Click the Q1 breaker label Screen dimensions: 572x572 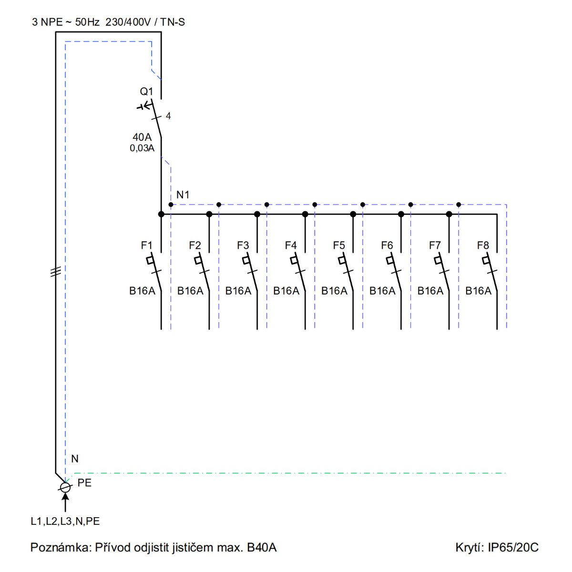pyautogui.click(x=146, y=92)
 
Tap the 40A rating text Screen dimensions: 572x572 pyautogui.click(x=142, y=137)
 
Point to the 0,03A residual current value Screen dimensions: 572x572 pyautogui.click(x=142, y=148)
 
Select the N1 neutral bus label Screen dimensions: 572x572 pyautogui.click(x=183, y=195)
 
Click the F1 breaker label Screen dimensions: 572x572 pyautogui.click(x=147, y=245)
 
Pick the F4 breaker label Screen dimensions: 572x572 pyautogui.click(x=291, y=245)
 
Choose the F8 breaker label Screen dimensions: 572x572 pyautogui.click(x=483, y=245)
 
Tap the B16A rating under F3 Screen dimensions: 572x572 pyautogui.click(x=238, y=291)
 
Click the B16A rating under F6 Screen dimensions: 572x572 pyautogui.click(x=382, y=291)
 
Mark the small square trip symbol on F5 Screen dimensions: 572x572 pyautogui.click(x=342, y=260)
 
